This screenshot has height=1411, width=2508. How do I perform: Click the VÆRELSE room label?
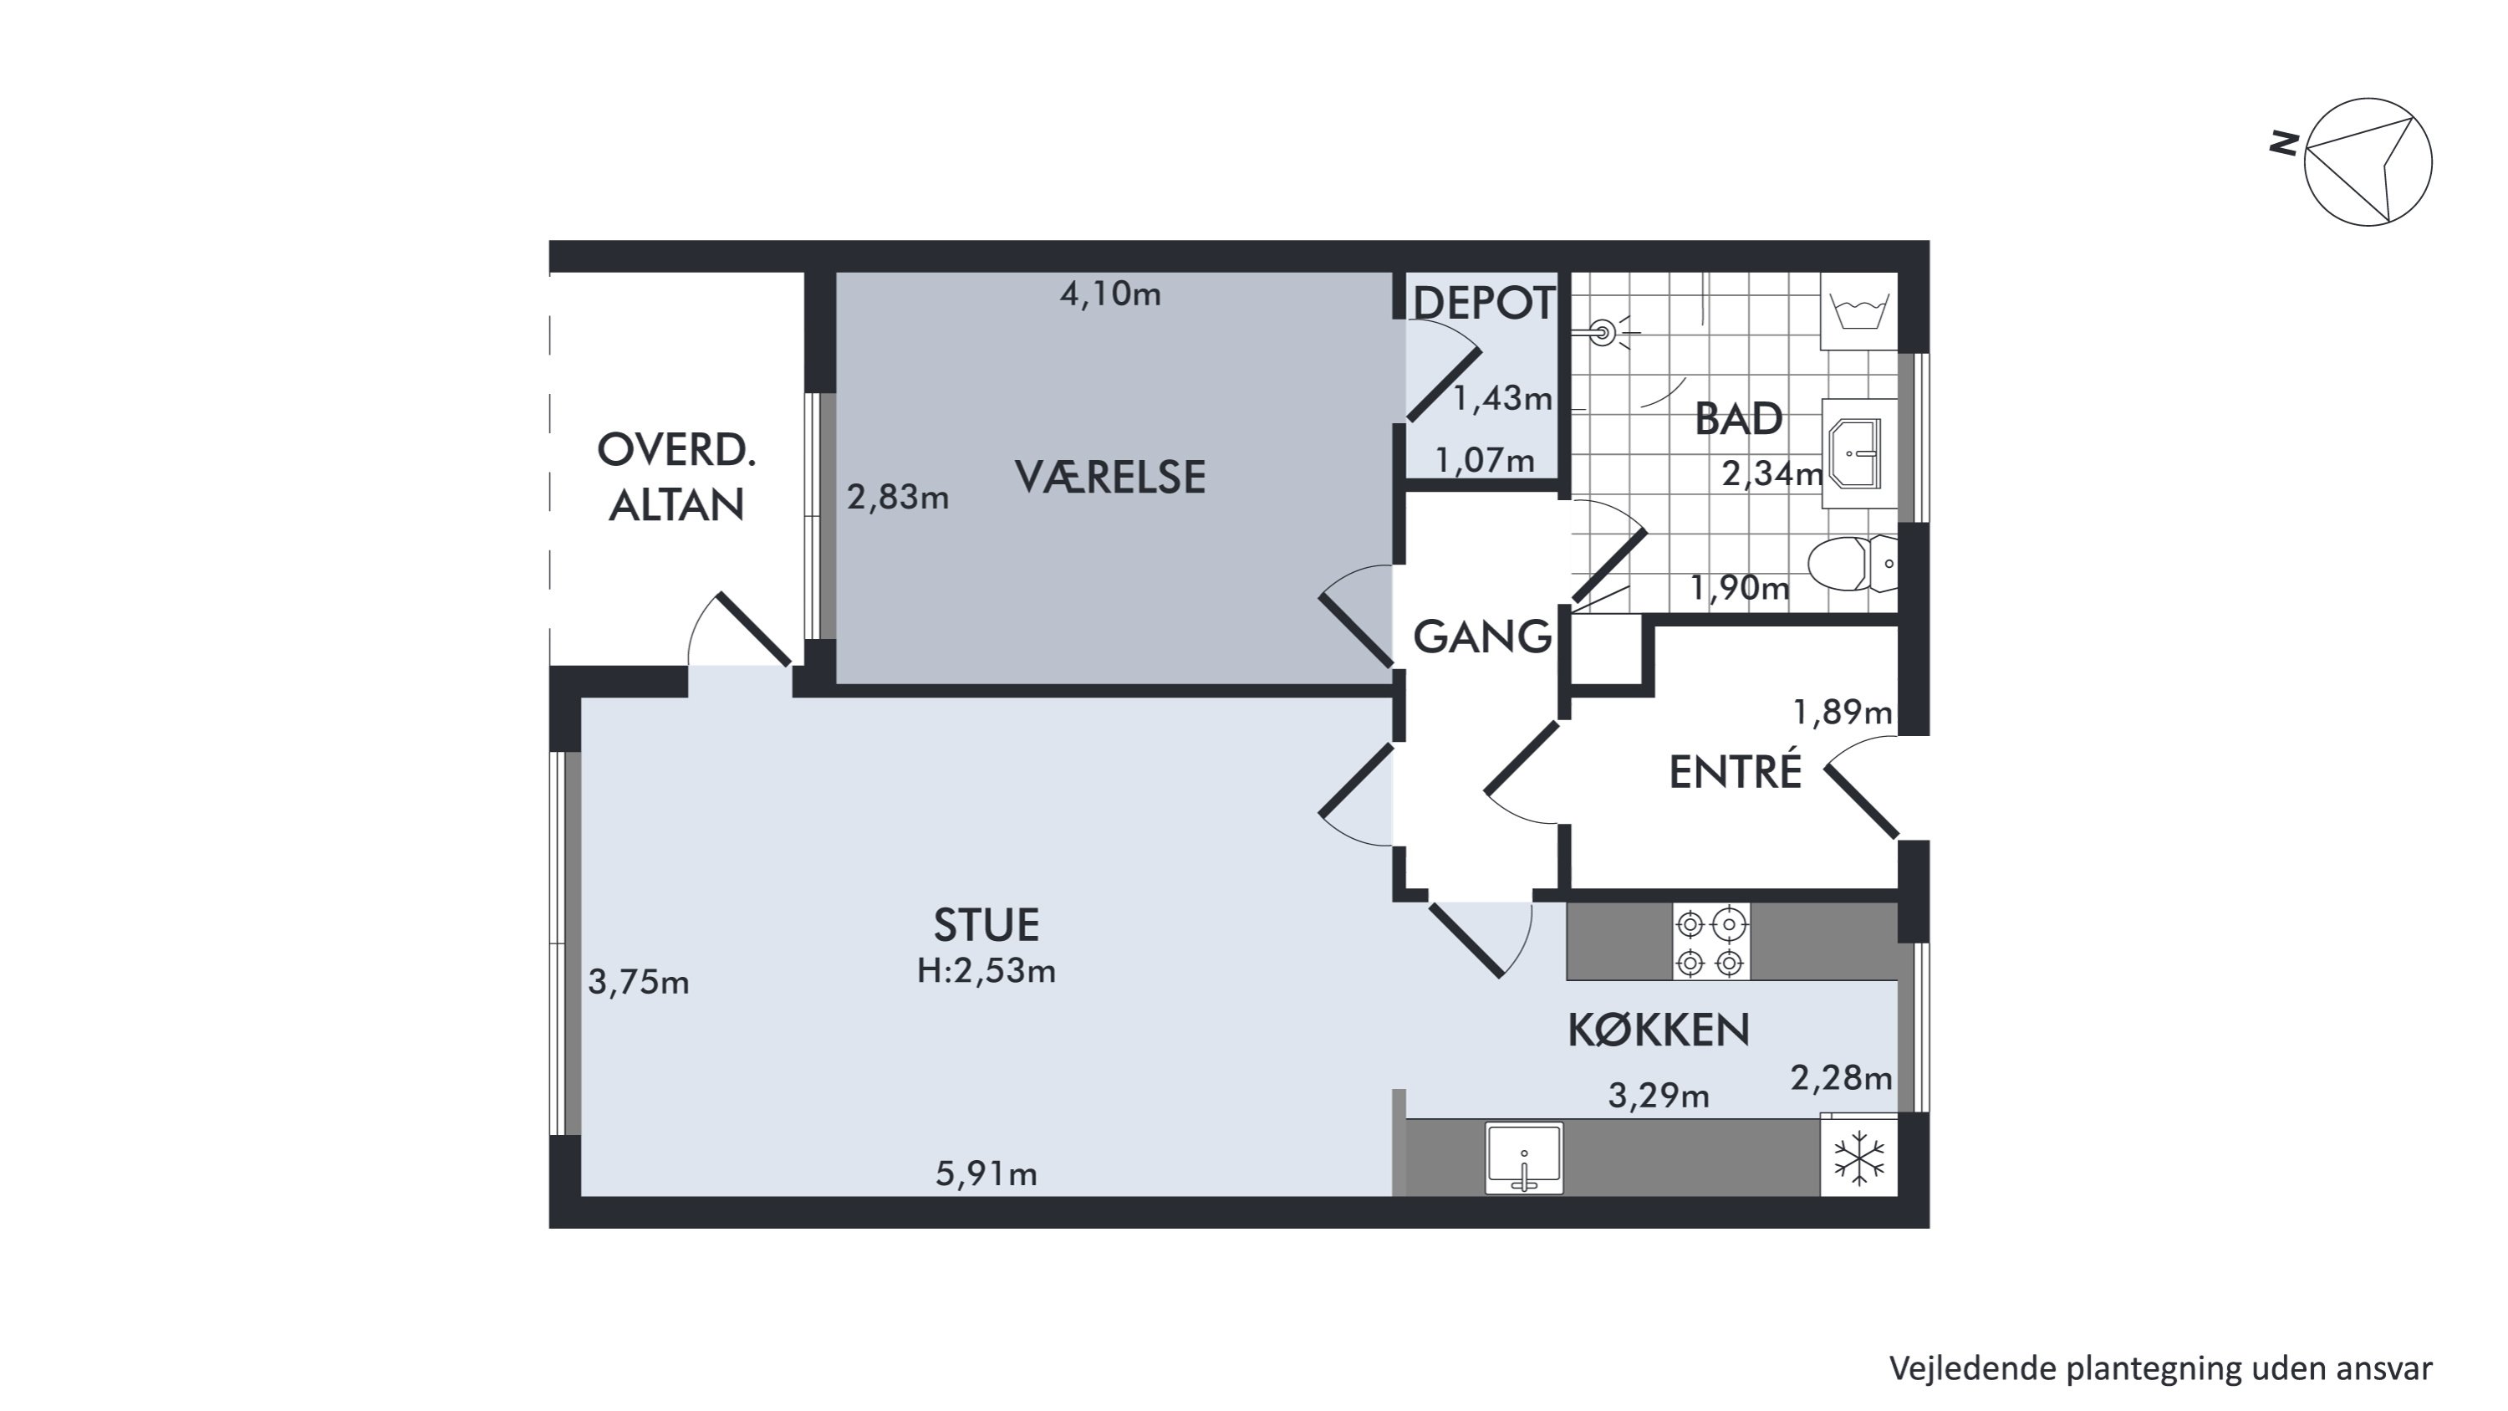(1110, 477)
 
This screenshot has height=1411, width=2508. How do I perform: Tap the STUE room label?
(986, 925)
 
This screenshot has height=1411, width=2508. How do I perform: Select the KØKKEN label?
(1658, 1030)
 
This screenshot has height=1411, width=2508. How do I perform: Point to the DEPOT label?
(1483, 303)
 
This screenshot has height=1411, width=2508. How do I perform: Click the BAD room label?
(1738, 419)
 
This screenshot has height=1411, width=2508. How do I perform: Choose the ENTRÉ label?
(1735, 771)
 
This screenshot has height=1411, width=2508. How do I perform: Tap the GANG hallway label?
(1482, 636)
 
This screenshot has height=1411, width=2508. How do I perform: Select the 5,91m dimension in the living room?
(986, 1173)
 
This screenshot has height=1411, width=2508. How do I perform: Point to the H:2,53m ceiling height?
(986, 971)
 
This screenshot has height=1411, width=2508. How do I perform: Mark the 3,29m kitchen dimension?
(1658, 1097)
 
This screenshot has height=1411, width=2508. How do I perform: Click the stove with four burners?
(1710, 942)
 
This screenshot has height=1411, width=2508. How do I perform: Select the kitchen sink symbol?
(1524, 1158)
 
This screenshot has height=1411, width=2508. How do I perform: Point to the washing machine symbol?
(1858, 312)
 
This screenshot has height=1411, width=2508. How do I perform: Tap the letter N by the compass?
(2284, 144)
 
